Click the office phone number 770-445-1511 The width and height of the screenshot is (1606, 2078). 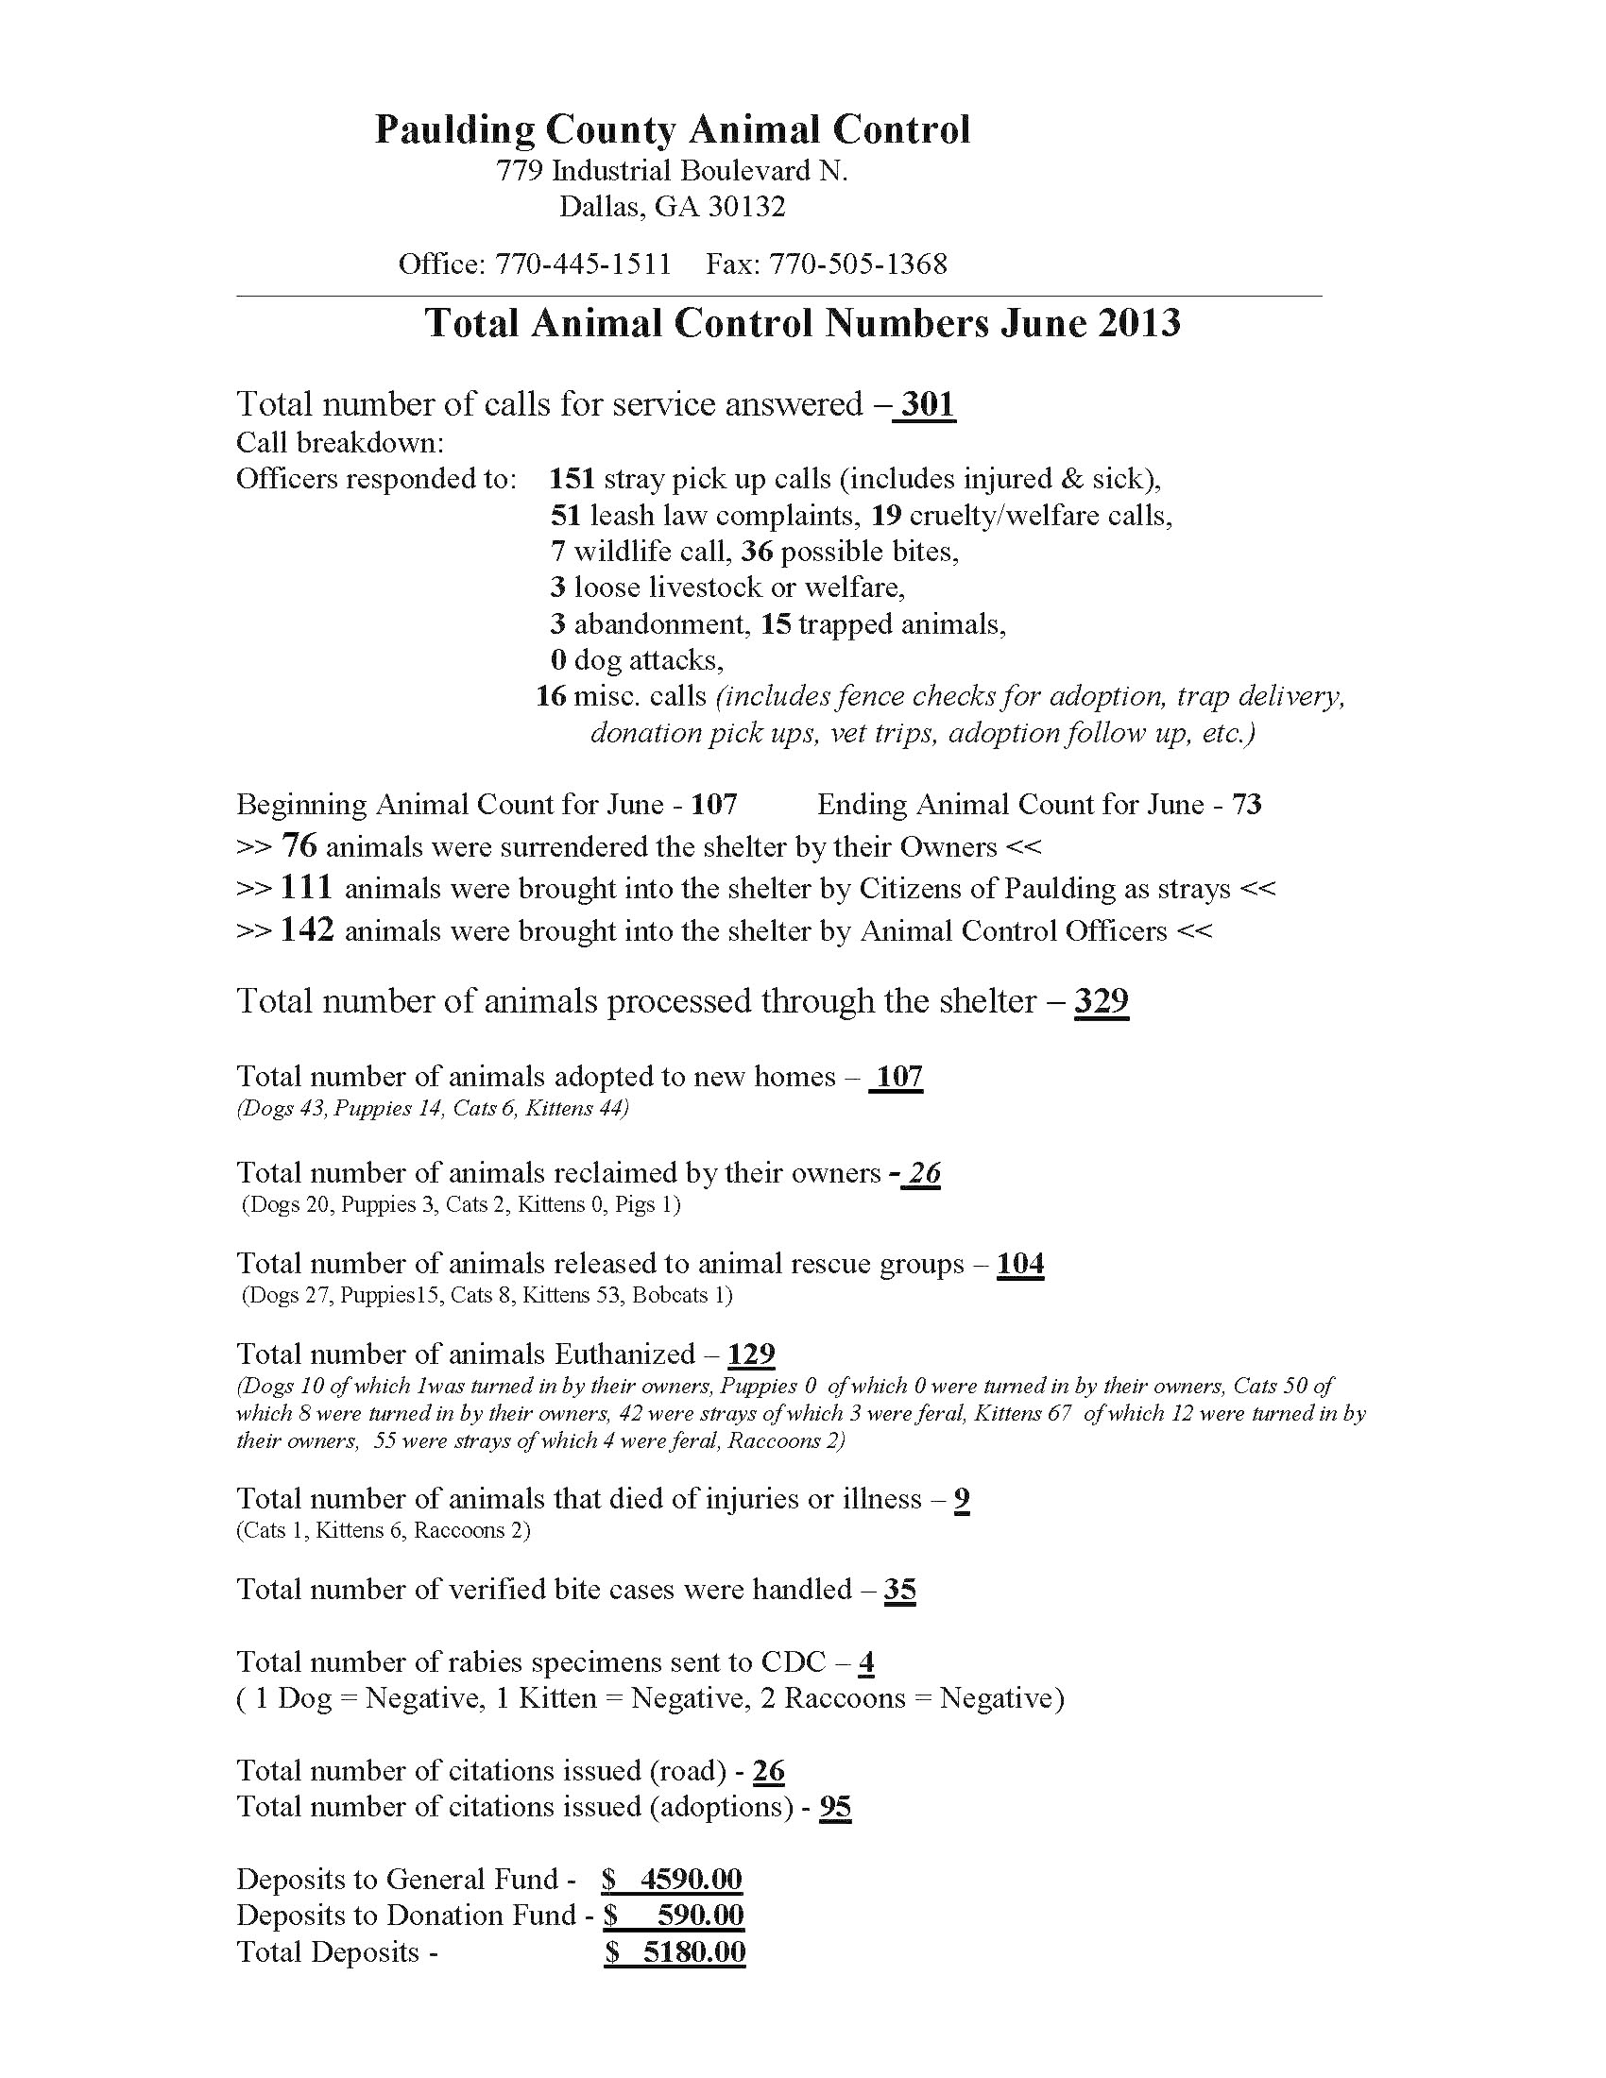point(582,264)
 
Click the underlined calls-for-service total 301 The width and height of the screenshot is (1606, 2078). point(927,404)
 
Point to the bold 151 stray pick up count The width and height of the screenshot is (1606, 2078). point(572,479)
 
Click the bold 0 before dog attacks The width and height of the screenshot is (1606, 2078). point(558,660)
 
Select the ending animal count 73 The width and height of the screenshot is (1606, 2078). point(1246,805)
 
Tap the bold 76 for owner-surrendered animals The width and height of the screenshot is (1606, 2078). point(299,846)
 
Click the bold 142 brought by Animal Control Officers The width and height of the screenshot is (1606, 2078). point(306,929)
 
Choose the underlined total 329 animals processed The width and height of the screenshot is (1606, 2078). point(1102,1001)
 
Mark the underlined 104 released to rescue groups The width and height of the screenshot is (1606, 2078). point(1020,1265)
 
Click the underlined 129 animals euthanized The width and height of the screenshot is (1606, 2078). point(752,1354)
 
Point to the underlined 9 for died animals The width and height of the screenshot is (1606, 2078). point(962,1500)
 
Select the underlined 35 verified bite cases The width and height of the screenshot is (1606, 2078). point(900,1590)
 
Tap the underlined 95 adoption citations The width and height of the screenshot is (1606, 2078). point(835,1807)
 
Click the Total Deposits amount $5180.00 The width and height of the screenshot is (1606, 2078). point(675,1952)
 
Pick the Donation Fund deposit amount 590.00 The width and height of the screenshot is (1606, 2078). point(700,1916)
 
